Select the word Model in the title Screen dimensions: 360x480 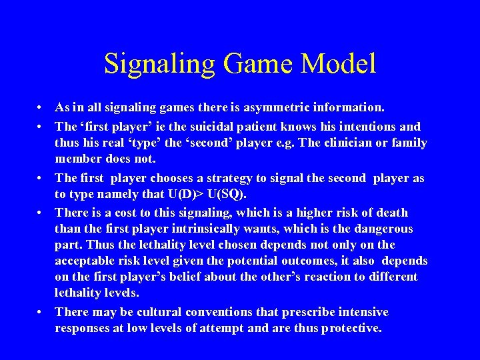pos(339,64)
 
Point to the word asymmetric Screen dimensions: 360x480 pos(275,107)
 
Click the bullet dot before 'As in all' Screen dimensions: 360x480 pos(41,107)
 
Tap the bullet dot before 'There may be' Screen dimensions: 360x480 pos(41,312)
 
